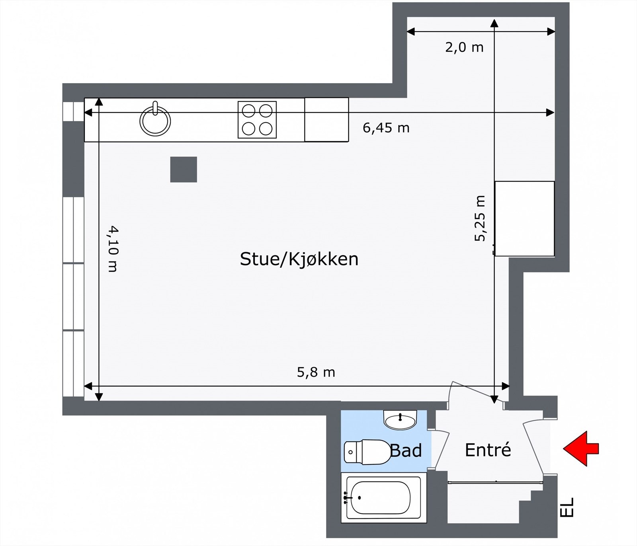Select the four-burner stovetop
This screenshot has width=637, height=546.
point(257,120)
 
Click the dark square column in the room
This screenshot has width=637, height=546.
point(184,170)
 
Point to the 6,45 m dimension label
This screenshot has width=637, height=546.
point(386,128)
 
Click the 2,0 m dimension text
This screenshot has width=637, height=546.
point(464,48)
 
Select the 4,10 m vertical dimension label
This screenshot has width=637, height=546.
point(113,249)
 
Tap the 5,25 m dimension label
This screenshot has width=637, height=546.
point(480,218)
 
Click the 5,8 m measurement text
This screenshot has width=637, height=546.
point(316,372)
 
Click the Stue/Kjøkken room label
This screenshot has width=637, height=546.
point(299,259)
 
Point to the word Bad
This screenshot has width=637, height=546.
point(406,451)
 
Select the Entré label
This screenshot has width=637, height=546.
point(488,450)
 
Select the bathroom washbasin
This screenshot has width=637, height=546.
point(400,419)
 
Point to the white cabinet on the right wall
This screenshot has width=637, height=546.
point(524,218)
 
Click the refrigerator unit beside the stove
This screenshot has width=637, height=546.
point(326,119)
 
